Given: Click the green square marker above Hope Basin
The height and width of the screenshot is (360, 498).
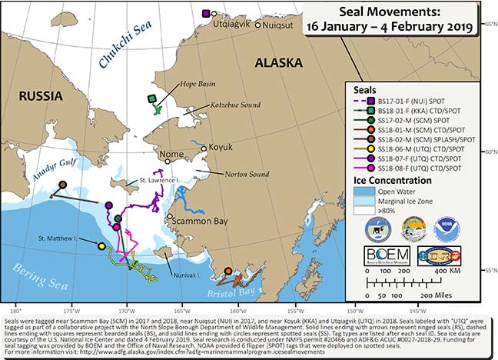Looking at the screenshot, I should (x=154, y=98).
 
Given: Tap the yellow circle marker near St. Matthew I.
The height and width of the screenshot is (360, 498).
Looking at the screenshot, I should (x=101, y=246).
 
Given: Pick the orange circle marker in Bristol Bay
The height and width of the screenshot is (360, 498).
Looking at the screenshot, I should (x=227, y=271).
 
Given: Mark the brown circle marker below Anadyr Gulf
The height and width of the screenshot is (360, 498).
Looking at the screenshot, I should (x=63, y=185).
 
